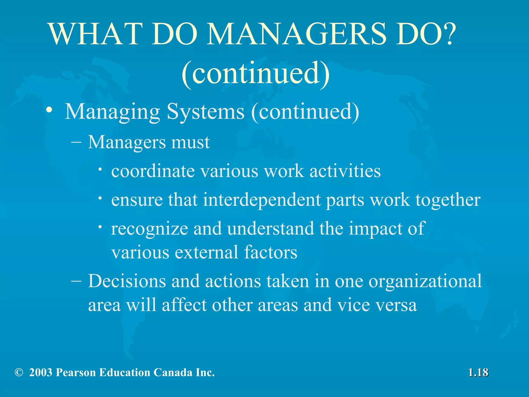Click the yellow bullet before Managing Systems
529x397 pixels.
pyautogui.click(x=49, y=111)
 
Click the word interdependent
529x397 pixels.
pyautogui.click(x=262, y=200)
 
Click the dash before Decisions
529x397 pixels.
pyautogui.click(x=76, y=281)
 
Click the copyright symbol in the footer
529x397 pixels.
pyautogui.click(x=19, y=372)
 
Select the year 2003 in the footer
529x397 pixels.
pyautogui.click(x=41, y=372)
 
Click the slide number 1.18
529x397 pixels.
pyautogui.click(x=478, y=373)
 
